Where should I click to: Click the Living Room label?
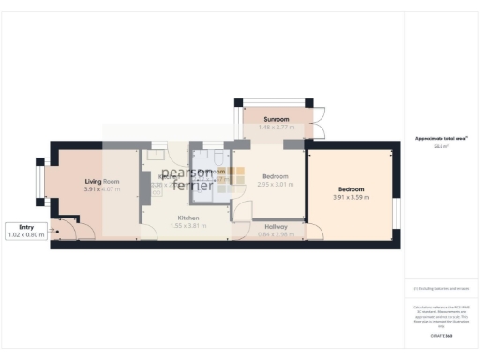(102, 181)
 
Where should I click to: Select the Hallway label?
(276, 226)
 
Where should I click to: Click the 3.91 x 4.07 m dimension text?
(102, 189)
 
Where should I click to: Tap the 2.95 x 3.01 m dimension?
(276, 185)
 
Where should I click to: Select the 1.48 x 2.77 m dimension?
(276, 128)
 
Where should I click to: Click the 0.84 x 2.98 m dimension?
(276, 233)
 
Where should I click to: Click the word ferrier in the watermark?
(193, 185)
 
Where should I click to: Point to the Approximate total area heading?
(442, 139)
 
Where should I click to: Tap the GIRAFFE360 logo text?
(442, 335)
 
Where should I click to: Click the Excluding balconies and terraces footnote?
(442, 288)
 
